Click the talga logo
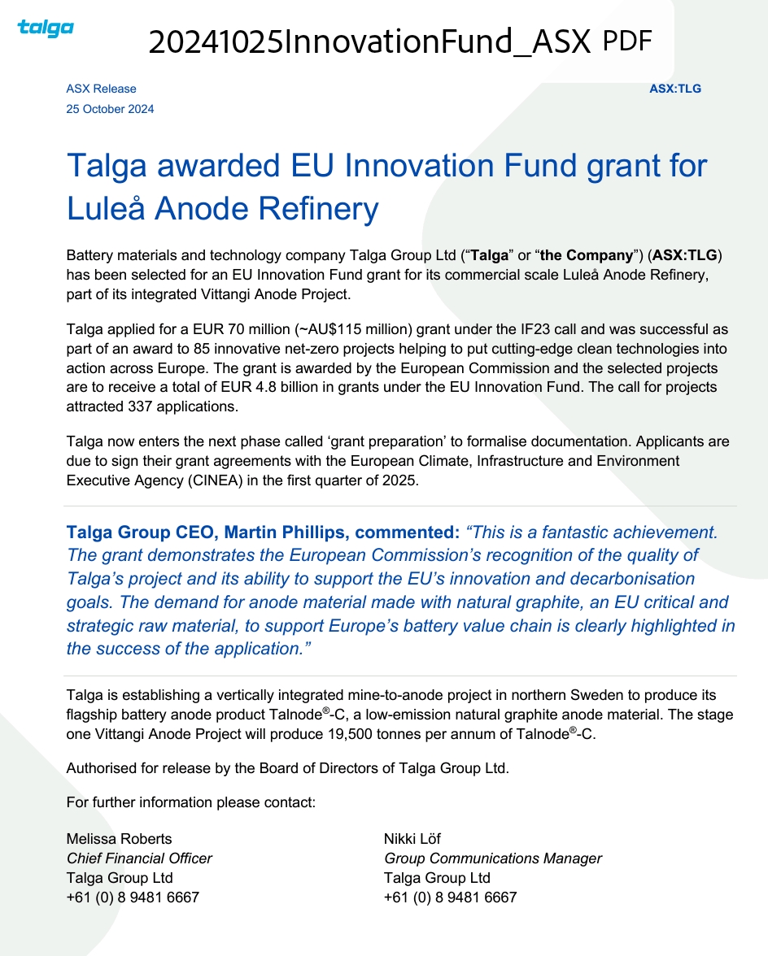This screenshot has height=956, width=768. (46, 28)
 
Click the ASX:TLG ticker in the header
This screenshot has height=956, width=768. (674, 89)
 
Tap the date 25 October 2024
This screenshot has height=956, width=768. (110, 109)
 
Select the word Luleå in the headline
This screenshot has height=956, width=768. (106, 209)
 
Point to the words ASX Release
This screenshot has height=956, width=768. (101, 89)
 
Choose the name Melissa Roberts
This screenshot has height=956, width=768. (119, 839)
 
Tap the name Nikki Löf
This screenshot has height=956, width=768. (412, 839)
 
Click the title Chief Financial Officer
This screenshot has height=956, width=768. (139, 858)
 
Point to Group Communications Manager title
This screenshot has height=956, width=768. (493, 858)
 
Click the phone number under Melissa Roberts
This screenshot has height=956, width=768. (133, 897)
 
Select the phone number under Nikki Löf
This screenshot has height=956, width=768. (450, 897)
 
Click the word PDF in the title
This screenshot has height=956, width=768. (627, 40)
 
